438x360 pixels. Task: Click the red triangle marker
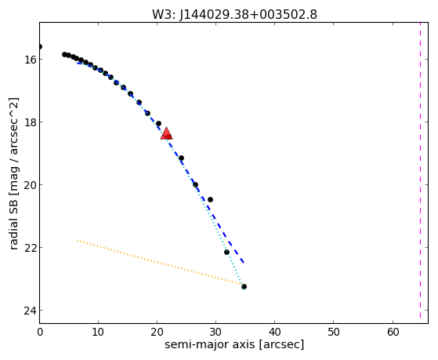166,133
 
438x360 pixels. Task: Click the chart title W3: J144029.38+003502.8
234,14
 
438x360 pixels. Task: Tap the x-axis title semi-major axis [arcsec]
234,344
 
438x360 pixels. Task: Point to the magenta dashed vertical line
420,170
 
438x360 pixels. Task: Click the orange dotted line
160,263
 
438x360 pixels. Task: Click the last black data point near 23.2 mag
244,287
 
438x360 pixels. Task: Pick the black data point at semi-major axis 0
40,47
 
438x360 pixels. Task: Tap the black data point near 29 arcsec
210,199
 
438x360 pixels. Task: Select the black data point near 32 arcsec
226,252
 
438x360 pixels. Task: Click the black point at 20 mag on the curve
195,184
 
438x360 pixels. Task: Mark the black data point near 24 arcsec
181,158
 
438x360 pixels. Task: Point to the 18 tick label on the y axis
30,122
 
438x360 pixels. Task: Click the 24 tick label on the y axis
30,311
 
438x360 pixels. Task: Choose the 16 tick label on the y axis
30,60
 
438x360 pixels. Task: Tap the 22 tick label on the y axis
30,248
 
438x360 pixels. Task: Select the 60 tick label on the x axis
393,332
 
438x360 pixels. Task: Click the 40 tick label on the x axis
275,332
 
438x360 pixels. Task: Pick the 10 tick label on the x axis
98,332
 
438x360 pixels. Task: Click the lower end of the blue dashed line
244,263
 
